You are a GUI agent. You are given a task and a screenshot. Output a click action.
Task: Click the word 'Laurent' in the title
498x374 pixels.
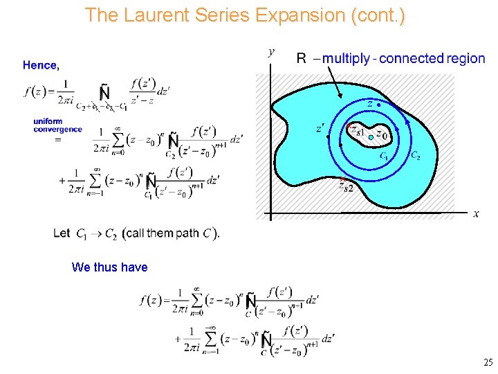pos(151,15)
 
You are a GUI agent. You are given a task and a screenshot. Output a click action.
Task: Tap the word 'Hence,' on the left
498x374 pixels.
pos(41,65)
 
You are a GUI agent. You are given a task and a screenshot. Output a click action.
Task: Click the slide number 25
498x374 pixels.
pos(488,362)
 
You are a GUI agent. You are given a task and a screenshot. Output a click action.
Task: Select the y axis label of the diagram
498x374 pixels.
pos(271,52)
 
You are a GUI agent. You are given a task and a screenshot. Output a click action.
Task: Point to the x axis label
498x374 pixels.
pos(477,213)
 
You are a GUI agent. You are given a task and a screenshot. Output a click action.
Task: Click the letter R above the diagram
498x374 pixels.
pos(301,58)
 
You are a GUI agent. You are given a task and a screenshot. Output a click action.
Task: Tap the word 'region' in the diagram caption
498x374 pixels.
pos(465,58)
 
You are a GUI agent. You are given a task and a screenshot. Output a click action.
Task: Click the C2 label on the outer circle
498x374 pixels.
pos(415,156)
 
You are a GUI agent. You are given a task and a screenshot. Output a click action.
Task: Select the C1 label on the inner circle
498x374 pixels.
pos(384,157)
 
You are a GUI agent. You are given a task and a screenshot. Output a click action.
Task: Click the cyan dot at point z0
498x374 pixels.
pos(371,138)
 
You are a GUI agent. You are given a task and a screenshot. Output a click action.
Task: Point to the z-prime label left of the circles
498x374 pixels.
pos(320,128)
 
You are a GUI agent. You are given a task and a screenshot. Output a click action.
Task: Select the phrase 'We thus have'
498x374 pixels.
pos(109,267)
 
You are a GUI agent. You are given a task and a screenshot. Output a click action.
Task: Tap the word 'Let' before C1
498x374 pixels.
pos(62,233)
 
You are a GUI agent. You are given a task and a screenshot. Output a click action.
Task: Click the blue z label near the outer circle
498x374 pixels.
pos(370,104)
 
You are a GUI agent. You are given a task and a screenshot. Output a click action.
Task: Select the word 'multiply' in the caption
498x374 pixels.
pos(347,58)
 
